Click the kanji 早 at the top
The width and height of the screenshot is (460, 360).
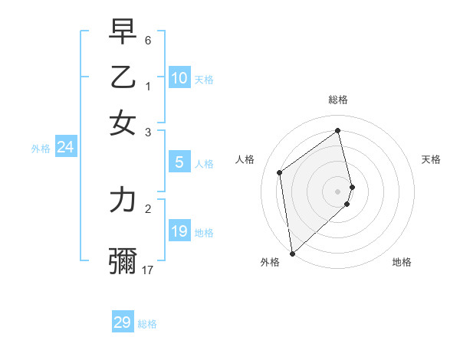point(123,33)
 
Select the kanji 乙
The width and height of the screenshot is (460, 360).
point(123,78)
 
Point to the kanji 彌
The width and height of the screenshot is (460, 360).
point(123,261)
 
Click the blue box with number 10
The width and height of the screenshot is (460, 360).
point(179,78)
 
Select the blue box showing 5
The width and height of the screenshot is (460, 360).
point(179,162)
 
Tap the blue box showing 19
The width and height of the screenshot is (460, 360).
point(179,231)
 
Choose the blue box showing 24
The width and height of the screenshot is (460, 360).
point(65,148)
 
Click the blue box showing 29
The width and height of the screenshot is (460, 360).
point(123,322)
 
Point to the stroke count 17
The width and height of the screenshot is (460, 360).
point(148,270)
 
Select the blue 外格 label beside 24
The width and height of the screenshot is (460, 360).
point(41,149)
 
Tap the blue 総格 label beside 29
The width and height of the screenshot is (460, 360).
point(147,324)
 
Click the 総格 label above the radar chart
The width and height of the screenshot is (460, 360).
point(338,100)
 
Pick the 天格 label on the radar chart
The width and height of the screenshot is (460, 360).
point(431,159)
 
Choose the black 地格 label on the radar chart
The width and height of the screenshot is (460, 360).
point(402,263)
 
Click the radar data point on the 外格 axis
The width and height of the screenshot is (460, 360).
point(292,253)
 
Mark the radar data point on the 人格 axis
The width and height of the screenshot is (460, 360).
point(280,172)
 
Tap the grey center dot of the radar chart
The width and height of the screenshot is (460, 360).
point(338,191)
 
